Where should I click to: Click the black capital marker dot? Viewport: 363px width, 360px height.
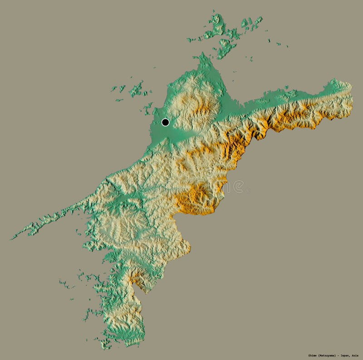(x=165, y=122)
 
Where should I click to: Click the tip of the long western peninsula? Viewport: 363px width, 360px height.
(x=12, y=238)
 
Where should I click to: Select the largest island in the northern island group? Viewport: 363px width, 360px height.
(x=216, y=26)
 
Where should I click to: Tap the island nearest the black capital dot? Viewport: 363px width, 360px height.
(x=147, y=108)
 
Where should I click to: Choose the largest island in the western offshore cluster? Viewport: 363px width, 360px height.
(x=136, y=89)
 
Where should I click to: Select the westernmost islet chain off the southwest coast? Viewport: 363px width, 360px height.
(x=66, y=285)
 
